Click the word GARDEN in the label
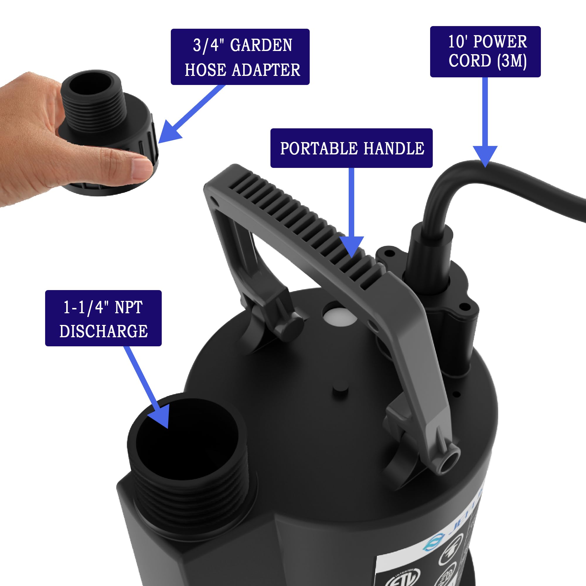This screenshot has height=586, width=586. [261, 45]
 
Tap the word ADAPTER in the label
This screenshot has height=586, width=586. [266, 70]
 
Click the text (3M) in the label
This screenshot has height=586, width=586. [512, 61]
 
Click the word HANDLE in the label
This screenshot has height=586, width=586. [394, 149]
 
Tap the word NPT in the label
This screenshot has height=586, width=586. [128, 308]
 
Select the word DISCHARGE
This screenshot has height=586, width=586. [103, 331]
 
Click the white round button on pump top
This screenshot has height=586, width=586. [339, 317]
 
